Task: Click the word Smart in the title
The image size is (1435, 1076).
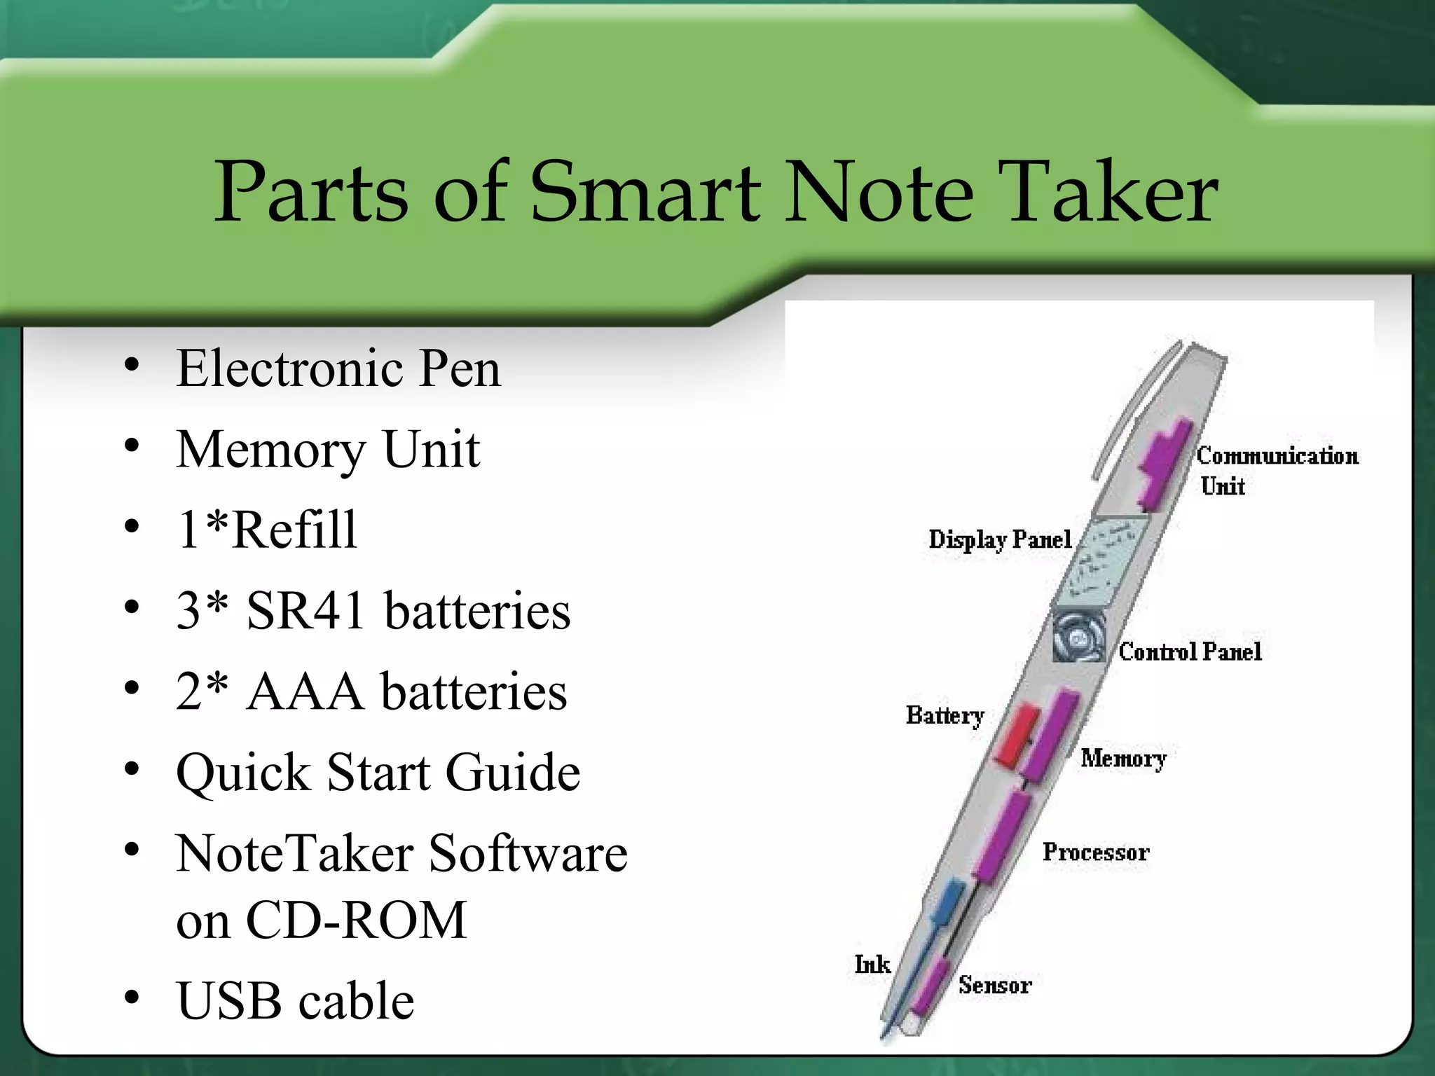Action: [x=644, y=193]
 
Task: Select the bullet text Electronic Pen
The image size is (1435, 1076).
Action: [x=338, y=368]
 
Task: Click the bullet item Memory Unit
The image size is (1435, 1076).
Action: [x=328, y=450]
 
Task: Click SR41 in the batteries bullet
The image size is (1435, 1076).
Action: [x=305, y=611]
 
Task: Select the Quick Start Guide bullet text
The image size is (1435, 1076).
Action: [x=378, y=773]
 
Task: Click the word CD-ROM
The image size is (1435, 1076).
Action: [x=356, y=920]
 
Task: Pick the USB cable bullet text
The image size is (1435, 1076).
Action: [x=295, y=1001]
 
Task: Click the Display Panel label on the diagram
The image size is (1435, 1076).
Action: [x=1000, y=539]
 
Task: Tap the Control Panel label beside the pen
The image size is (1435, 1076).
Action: [x=1190, y=652]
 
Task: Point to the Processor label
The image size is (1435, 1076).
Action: [x=1095, y=853]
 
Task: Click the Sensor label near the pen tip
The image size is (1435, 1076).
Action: [x=995, y=986]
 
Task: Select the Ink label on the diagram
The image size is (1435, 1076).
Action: [x=872, y=965]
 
